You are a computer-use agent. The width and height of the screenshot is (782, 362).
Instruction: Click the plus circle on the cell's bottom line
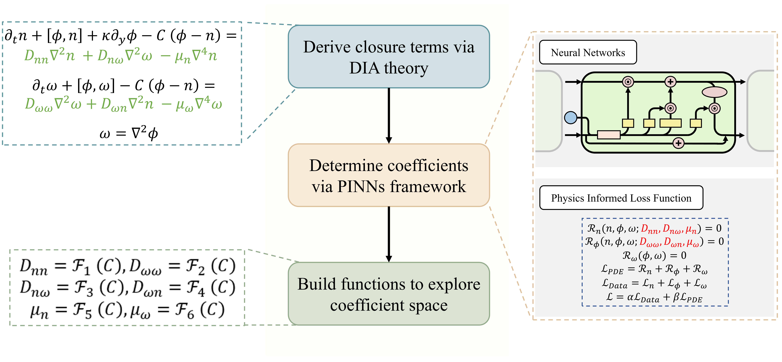coord(678,143)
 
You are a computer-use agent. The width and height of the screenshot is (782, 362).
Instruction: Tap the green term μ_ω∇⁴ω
coord(199,104)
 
